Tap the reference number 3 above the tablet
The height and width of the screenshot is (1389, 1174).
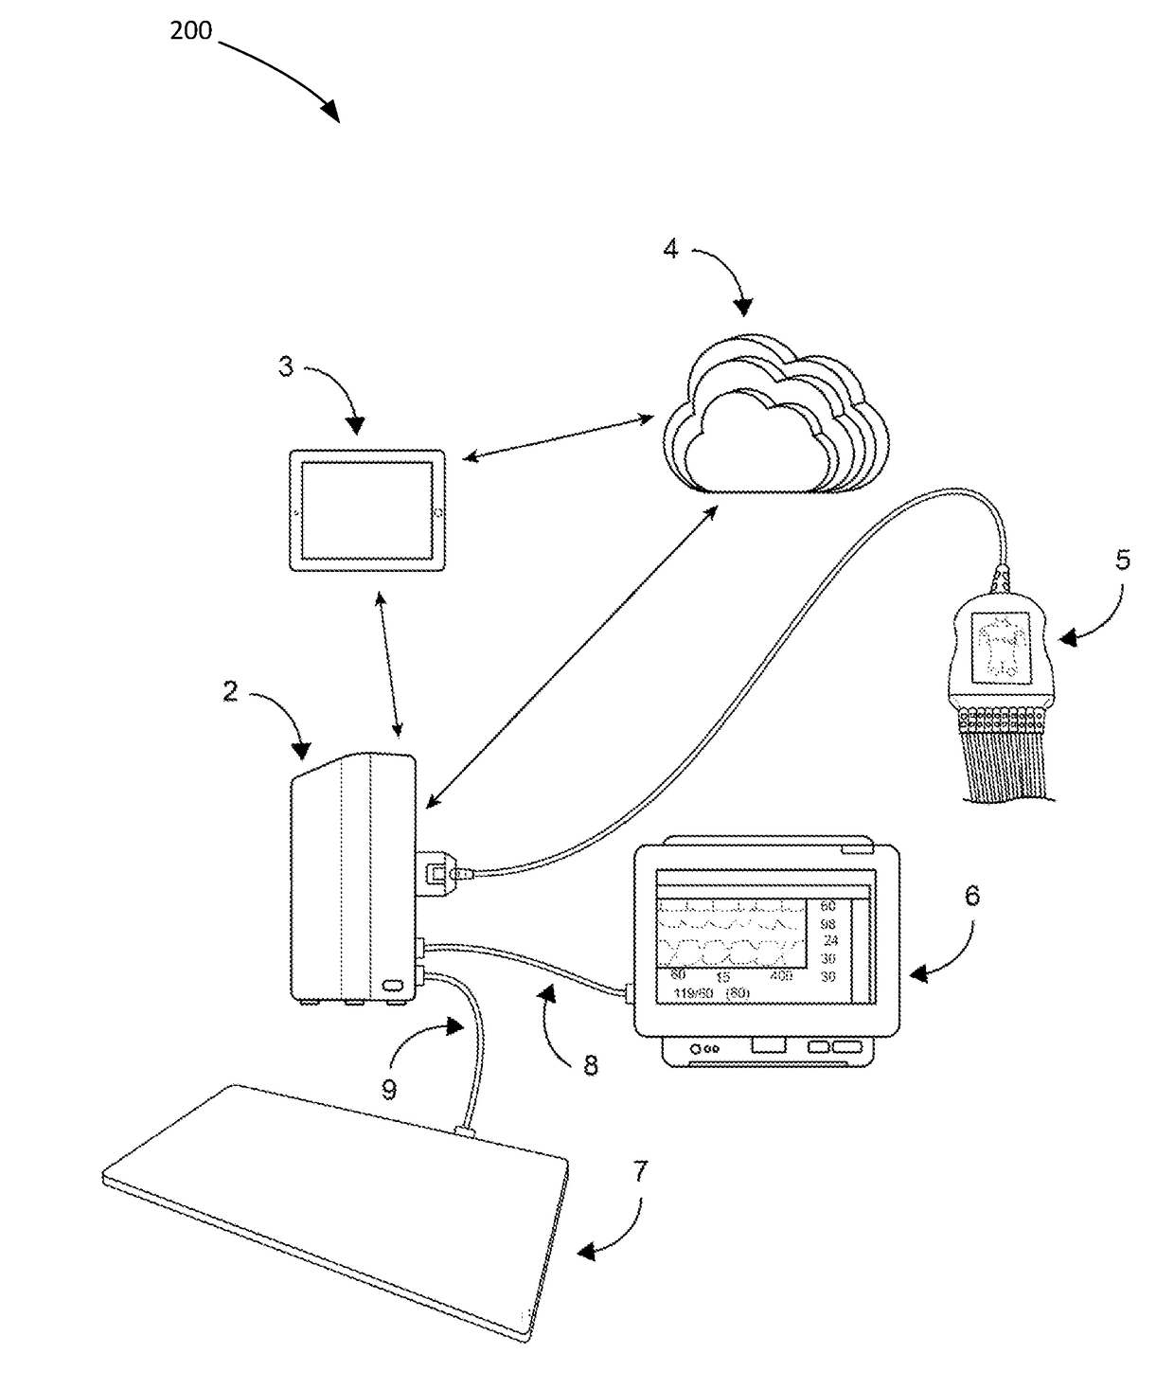click(x=286, y=366)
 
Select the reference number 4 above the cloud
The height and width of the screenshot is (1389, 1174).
click(x=670, y=250)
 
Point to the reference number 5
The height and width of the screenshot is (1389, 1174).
click(x=1122, y=560)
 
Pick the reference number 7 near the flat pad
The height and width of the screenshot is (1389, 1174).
click(x=641, y=1171)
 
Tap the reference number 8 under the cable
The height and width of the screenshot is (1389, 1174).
click(x=591, y=1066)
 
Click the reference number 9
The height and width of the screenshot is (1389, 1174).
click(x=388, y=1090)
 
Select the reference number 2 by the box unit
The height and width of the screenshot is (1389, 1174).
click(x=230, y=691)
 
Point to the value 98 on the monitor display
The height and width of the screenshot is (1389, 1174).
click(x=827, y=923)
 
